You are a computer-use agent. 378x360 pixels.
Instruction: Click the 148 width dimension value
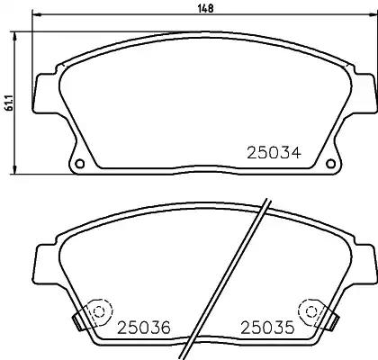point(206,8)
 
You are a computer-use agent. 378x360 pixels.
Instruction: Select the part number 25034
point(274,153)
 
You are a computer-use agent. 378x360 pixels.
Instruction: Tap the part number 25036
point(144,328)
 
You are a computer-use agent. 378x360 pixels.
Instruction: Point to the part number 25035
point(267,328)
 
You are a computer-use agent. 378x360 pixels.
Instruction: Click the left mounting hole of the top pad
point(80,164)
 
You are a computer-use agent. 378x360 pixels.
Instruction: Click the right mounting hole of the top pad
point(330,164)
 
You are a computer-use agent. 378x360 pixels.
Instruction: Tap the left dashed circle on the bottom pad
point(98,312)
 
